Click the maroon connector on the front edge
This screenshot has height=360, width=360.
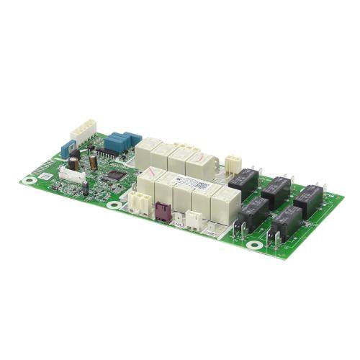click(x=161, y=211)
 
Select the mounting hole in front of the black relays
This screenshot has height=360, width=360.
click(x=253, y=245)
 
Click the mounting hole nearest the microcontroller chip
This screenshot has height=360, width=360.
click(x=113, y=205)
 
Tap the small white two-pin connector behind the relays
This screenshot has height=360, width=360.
click(x=232, y=162)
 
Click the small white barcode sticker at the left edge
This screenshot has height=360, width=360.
click(x=45, y=174)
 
